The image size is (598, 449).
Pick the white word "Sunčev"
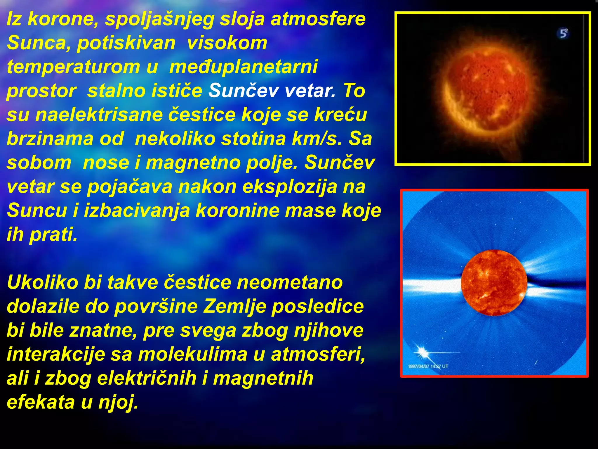[244, 91]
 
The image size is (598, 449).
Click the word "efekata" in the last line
[41, 402]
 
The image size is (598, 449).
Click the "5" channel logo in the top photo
[563, 33]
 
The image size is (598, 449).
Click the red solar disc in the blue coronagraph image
[494, 283]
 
